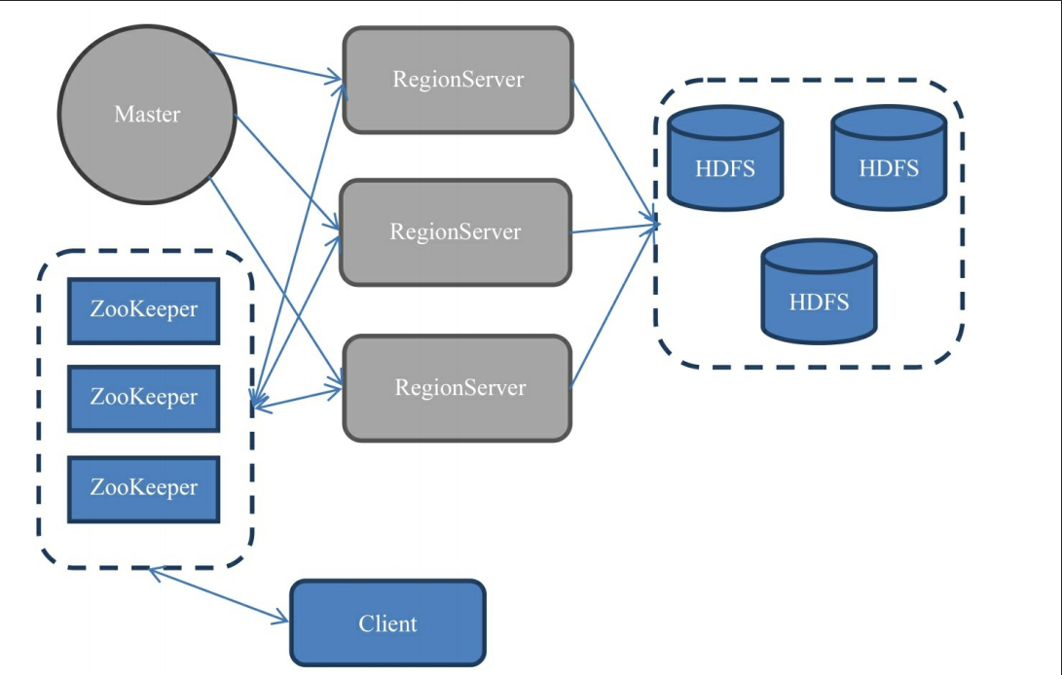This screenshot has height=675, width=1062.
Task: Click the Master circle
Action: point(147,115)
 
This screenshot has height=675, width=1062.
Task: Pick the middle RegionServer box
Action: point(455,232)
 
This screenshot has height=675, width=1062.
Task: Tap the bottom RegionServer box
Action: point(458,388)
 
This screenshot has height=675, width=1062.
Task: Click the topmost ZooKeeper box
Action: point(143,310)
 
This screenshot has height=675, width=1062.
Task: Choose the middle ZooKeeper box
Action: point(143,398)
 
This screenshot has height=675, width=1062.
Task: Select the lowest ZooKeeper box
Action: point(143,488)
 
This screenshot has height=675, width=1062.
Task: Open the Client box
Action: point(387,623)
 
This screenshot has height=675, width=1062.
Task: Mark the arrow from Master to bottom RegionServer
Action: point(277,282)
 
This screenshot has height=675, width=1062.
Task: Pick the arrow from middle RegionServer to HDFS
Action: point(613,230)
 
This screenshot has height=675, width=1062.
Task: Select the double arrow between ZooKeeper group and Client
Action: point(219,595)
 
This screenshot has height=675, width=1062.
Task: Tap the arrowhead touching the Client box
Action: point(282,619)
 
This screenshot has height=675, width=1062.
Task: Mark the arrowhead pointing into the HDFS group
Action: point(654,226)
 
